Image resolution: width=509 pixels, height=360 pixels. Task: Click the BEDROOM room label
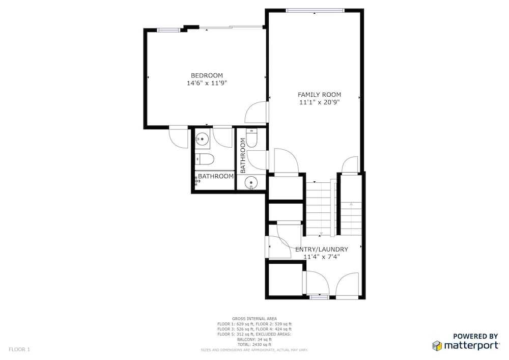(x=207, y=76)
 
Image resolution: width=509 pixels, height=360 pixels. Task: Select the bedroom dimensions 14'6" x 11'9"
(x=207, y=83)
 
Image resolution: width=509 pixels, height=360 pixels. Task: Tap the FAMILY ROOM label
(x=320, y=95)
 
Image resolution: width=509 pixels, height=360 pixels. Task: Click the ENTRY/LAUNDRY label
(x=322, y=250)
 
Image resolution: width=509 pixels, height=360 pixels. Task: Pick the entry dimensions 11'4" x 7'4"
(x=321, y=257)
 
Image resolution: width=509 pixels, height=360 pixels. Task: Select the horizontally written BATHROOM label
(x=215, y=176)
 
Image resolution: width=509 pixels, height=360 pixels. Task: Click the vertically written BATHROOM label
(x=242, y=155)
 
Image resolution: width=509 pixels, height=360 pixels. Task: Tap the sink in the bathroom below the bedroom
(x=202, y=139)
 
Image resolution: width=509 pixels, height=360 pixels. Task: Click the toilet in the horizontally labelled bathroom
(x=205, y=159)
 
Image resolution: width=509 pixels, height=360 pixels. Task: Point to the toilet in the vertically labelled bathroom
(x=251, y=137)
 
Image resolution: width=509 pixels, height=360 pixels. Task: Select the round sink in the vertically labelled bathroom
(x=251, y=182)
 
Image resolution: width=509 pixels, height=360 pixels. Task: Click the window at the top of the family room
(x=315, y=10)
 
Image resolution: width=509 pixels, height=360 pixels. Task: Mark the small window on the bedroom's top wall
(x=168, y=31)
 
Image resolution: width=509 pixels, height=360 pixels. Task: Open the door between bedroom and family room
(x=257, y=113)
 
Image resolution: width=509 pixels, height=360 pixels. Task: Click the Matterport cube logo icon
(x=437, y=346)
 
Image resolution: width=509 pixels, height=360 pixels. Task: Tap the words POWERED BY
(x=475, y=336)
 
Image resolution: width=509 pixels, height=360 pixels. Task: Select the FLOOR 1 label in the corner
(x=19, y=350)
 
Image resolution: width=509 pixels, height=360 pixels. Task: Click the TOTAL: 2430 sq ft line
(x=254, y=344)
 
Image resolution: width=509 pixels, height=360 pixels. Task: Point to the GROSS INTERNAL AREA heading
(x=254, y=319)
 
